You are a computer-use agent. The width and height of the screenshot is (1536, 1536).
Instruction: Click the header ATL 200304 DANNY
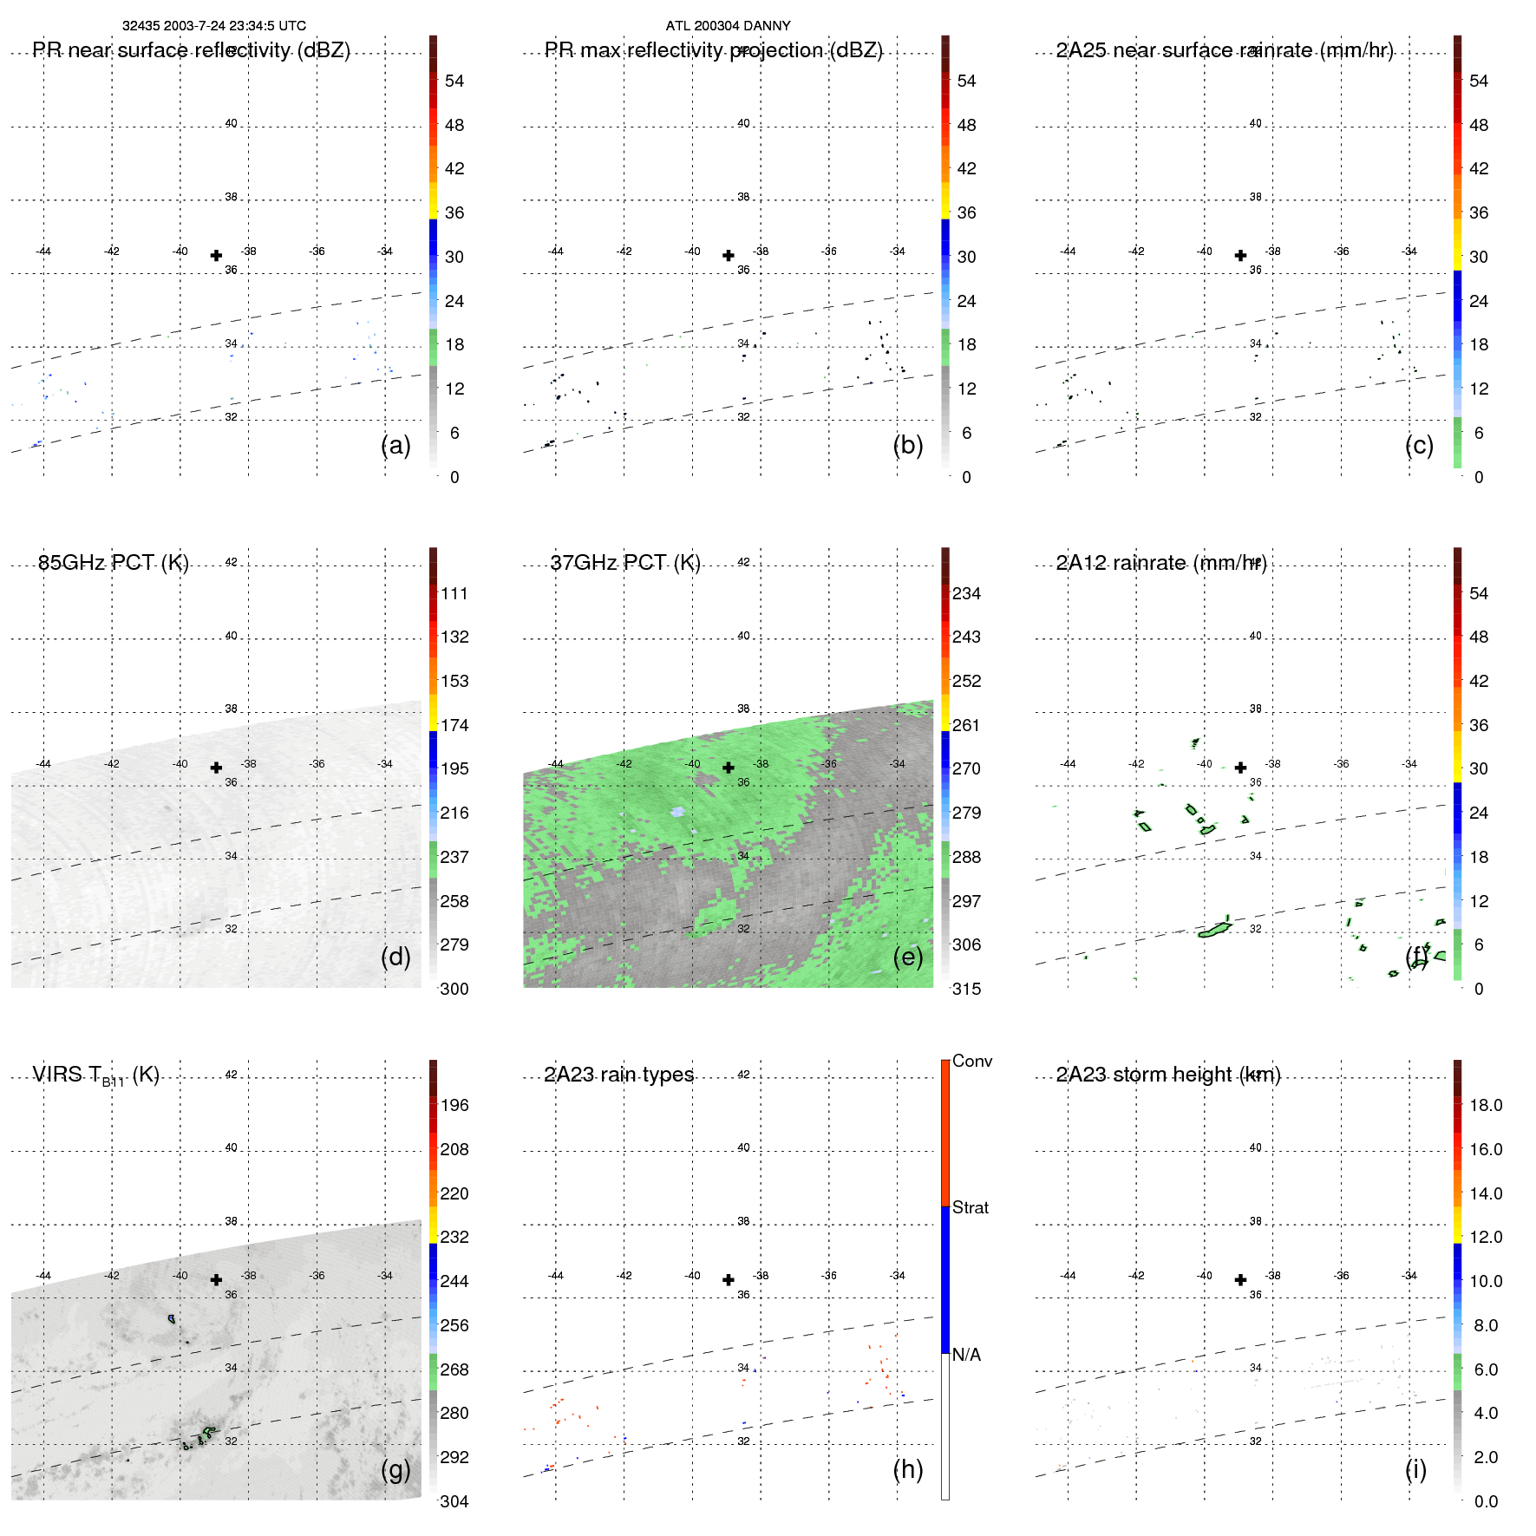[728, 26]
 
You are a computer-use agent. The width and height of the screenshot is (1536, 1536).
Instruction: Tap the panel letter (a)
[395, 445]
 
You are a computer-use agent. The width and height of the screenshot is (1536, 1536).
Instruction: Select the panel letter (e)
[907, 957]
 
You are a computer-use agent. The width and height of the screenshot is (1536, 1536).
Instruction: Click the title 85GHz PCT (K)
[113, 563]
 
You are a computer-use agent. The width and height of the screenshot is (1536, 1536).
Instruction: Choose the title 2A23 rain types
[618, 1075]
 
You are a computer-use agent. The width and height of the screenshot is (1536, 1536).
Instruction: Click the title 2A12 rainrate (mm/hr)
[1161, 563]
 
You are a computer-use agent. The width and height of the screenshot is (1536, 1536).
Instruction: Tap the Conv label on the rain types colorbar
[971, 1061]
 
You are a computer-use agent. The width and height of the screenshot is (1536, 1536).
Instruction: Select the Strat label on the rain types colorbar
[970, 1207]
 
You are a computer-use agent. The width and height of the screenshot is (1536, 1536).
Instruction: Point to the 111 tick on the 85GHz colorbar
[454, 593]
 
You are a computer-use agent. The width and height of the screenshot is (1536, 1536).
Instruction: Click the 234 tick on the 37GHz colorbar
[966, 593]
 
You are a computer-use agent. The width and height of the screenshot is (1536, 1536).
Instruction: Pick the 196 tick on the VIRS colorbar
[454, 1105]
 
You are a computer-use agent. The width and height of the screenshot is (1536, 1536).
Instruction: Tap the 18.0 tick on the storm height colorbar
[1485, 1105]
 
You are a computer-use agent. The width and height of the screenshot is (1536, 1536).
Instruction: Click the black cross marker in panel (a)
[216, 255]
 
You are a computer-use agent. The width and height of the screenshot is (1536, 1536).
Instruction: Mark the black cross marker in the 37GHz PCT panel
[729, 768]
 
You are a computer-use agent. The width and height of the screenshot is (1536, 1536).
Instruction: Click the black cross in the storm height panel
[1240, 1279]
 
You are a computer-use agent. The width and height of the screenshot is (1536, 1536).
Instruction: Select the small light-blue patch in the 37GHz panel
[676, 812]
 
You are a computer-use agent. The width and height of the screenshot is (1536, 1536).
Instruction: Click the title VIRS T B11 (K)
[95, 1075]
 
